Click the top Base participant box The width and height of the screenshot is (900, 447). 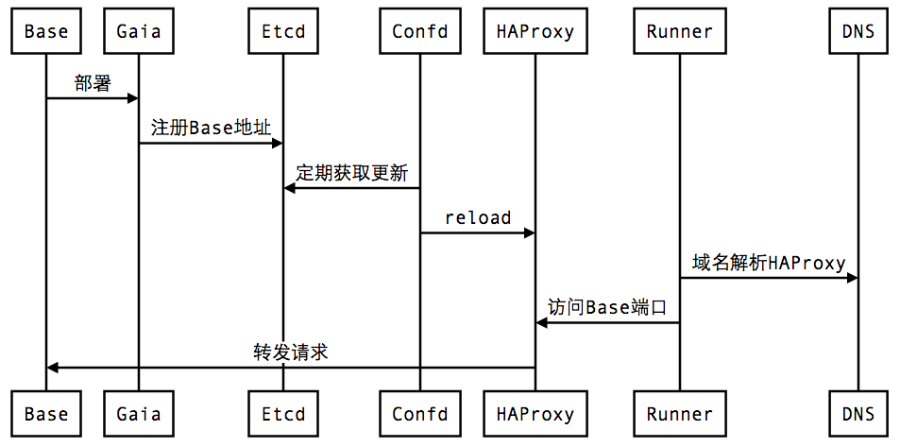45,31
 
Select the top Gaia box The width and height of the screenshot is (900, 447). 139,31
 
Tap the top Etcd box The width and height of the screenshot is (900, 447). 283,31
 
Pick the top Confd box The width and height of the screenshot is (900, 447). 419,31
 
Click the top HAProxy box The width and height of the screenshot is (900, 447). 535,31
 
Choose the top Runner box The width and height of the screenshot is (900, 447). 679,31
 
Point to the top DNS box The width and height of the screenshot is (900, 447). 858,31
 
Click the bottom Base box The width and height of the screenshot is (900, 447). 45,414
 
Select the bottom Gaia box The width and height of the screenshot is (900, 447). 139,414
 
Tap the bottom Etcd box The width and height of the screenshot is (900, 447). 283,414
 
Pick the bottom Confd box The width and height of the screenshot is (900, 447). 419,414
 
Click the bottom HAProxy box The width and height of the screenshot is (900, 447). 535,414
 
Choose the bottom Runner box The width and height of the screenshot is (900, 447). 679,414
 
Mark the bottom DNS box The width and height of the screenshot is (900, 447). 858,414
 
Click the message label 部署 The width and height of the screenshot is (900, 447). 93,83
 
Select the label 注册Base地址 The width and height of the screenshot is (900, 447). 212,129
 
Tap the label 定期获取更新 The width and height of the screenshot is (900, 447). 351,174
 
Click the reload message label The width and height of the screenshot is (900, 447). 478,218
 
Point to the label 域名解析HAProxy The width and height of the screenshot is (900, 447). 769,263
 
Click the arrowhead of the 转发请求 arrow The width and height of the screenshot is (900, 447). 53,368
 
